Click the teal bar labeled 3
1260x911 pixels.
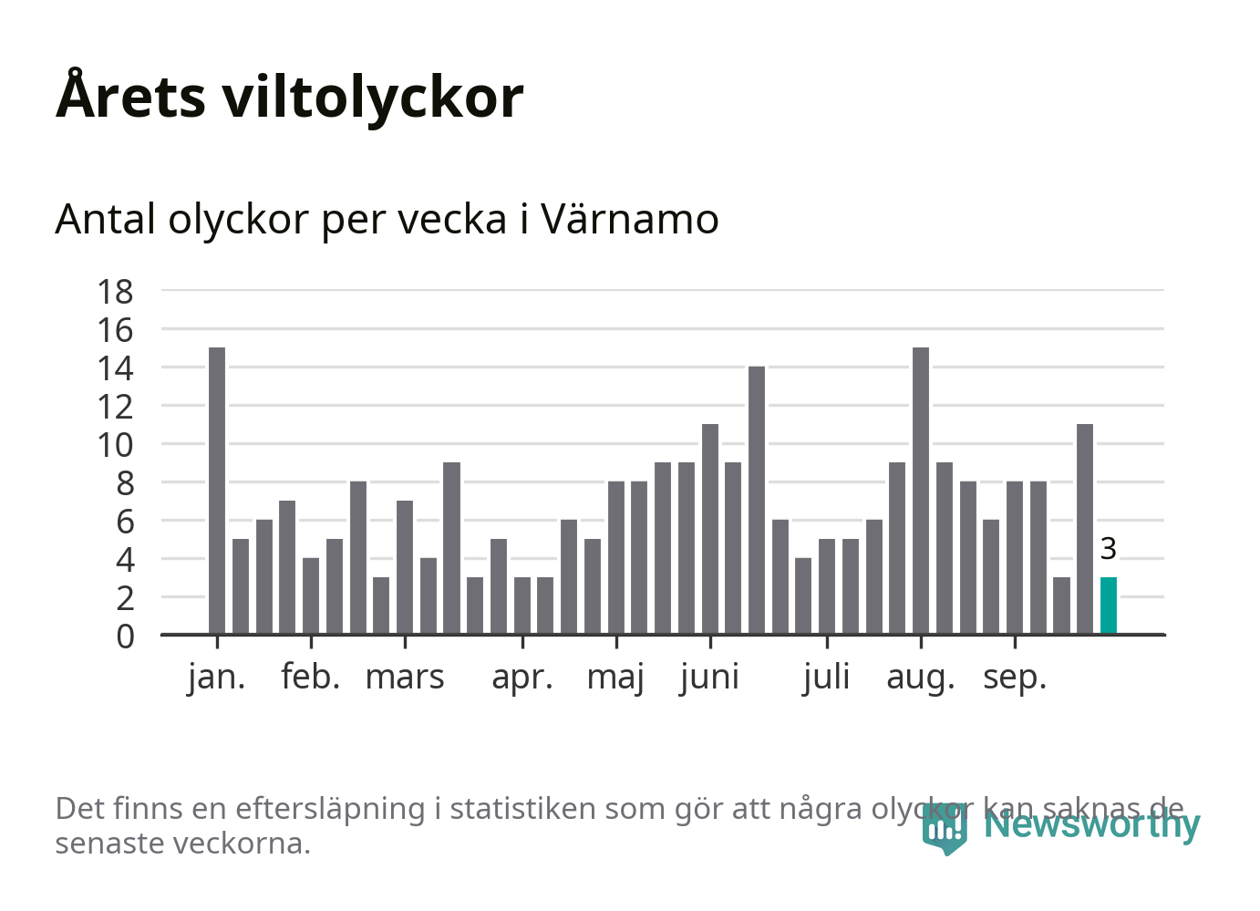(x=1108, y=606)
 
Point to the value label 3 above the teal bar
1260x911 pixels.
(x=1108, y=549)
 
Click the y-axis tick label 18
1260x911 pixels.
(x=116, y=292)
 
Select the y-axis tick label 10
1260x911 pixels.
(x=116, y=445)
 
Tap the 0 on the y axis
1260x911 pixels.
(x=125, y=637)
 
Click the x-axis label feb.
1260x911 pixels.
(x=311, y=678)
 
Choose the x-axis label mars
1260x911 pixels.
(x=405, y=678)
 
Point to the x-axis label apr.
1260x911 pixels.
(x=522, y=678)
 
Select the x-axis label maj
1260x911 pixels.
(x=615, y=678)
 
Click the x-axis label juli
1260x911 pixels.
(x=827, y=678)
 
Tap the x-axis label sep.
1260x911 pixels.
(x=1015, y=678)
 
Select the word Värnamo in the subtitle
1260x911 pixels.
(x=630, y=220)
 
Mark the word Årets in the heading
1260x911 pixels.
(x=131, y=97)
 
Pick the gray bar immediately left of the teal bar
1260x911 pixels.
(x=1085, y=529)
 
